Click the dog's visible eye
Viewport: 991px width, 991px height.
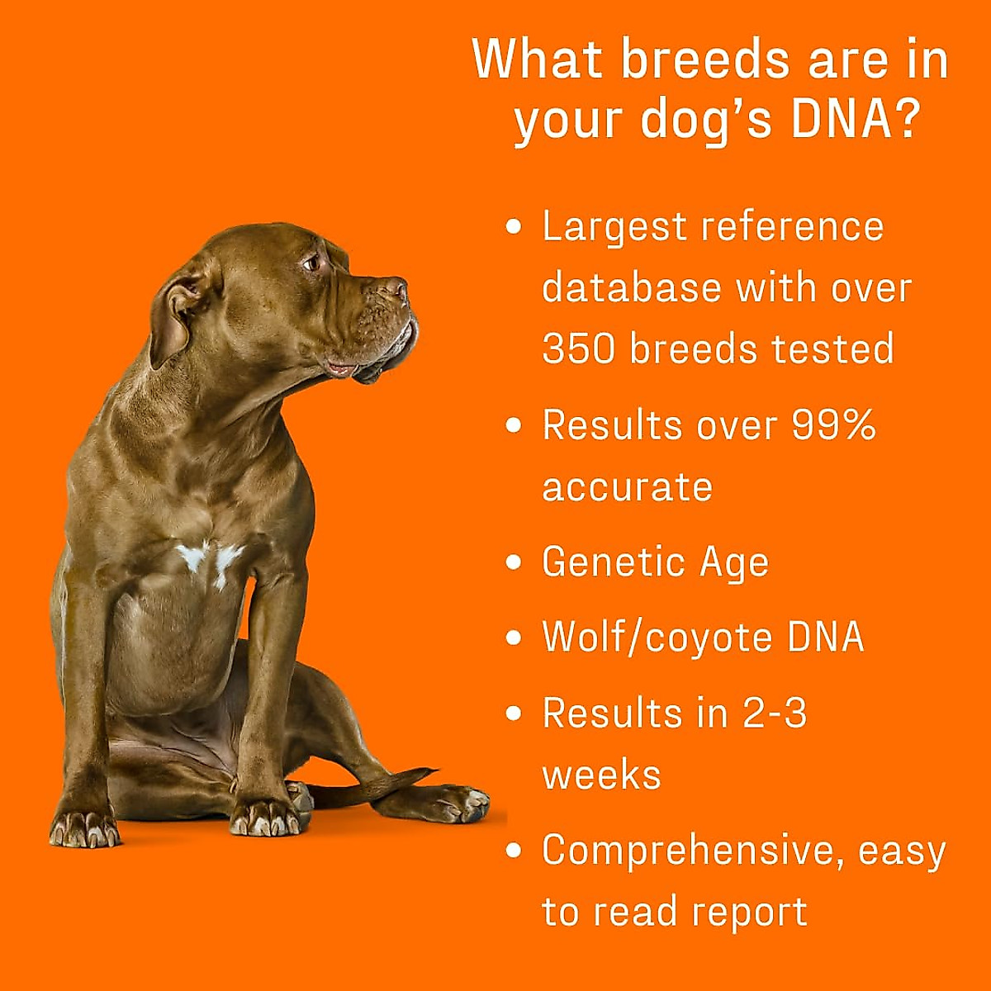[312, 263]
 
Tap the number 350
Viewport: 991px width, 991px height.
[579, 349]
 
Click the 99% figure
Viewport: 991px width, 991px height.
[833, 425]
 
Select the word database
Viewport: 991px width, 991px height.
[632, 288]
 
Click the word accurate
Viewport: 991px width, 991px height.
[627, 486]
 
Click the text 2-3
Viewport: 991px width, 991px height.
[775, 713]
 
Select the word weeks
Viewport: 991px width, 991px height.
[601, 775]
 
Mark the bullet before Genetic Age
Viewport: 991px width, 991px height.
[514, 562]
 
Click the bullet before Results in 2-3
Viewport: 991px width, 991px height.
[514, 713]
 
